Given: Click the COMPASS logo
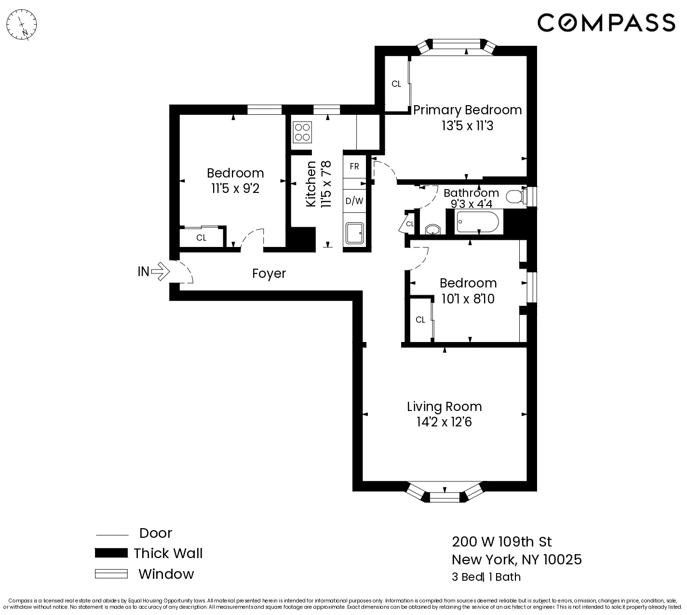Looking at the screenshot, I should (x=606, y=23).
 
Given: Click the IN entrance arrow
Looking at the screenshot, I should (x=160, y=271).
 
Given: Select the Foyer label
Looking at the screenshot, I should (x=269, y=273).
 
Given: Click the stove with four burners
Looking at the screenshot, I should (x=302, y=132).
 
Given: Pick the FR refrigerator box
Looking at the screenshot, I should (x=354, y=166).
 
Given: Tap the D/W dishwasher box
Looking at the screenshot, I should (x=354, y=201).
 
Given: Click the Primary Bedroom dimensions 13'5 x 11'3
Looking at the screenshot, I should (x=467, y=126).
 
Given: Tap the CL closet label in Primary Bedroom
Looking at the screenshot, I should (x=396, y=84).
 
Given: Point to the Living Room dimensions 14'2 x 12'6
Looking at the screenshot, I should (x=444, y=423).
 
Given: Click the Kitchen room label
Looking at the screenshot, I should (x=311, y=184).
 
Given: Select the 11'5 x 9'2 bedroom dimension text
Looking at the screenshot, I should (x=235, y=189).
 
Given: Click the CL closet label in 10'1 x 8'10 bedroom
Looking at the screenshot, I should (x=420, y=320).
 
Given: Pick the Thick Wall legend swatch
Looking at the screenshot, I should (x=111, y=553).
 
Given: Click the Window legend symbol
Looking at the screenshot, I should (x=111, y=574).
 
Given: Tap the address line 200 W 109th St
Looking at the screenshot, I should (x=502, y=542).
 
